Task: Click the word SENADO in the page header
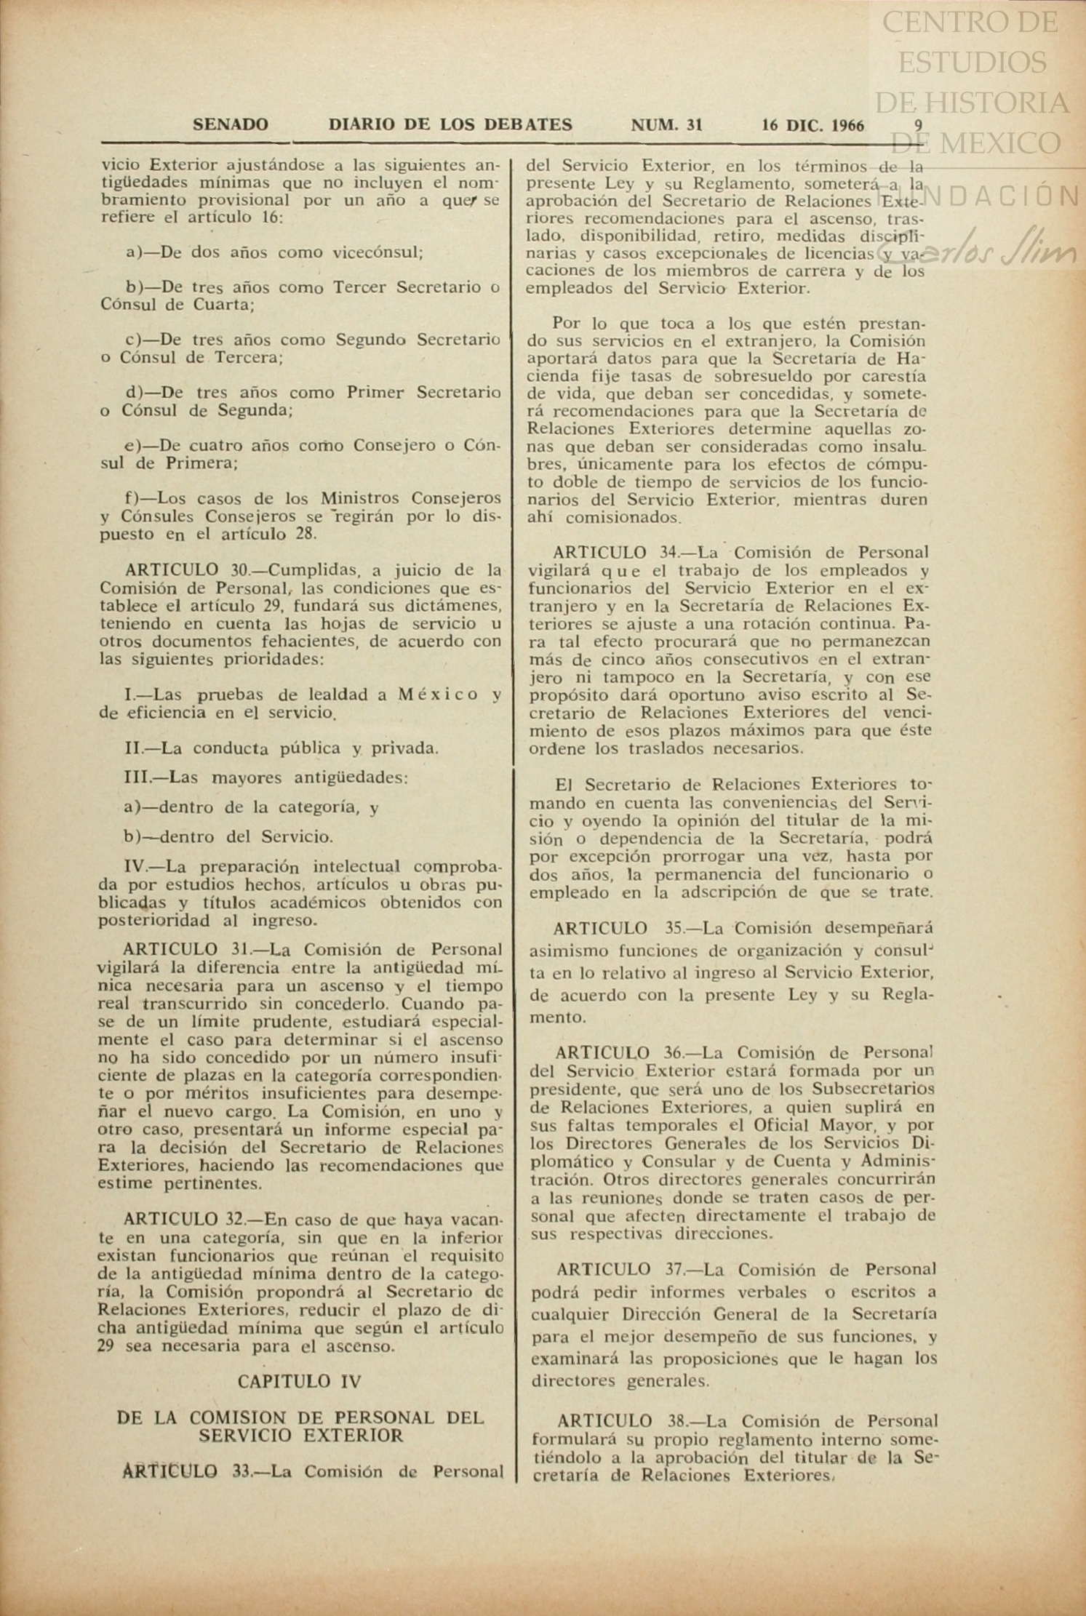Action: (230, 125)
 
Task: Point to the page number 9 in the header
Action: (919, 124)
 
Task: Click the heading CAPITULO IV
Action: (299, 1381)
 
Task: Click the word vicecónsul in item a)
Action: (378, 252)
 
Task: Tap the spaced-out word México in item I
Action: (438, 695)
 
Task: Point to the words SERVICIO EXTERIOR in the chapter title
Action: (300, 1436)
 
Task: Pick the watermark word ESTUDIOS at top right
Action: (973, 62)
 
